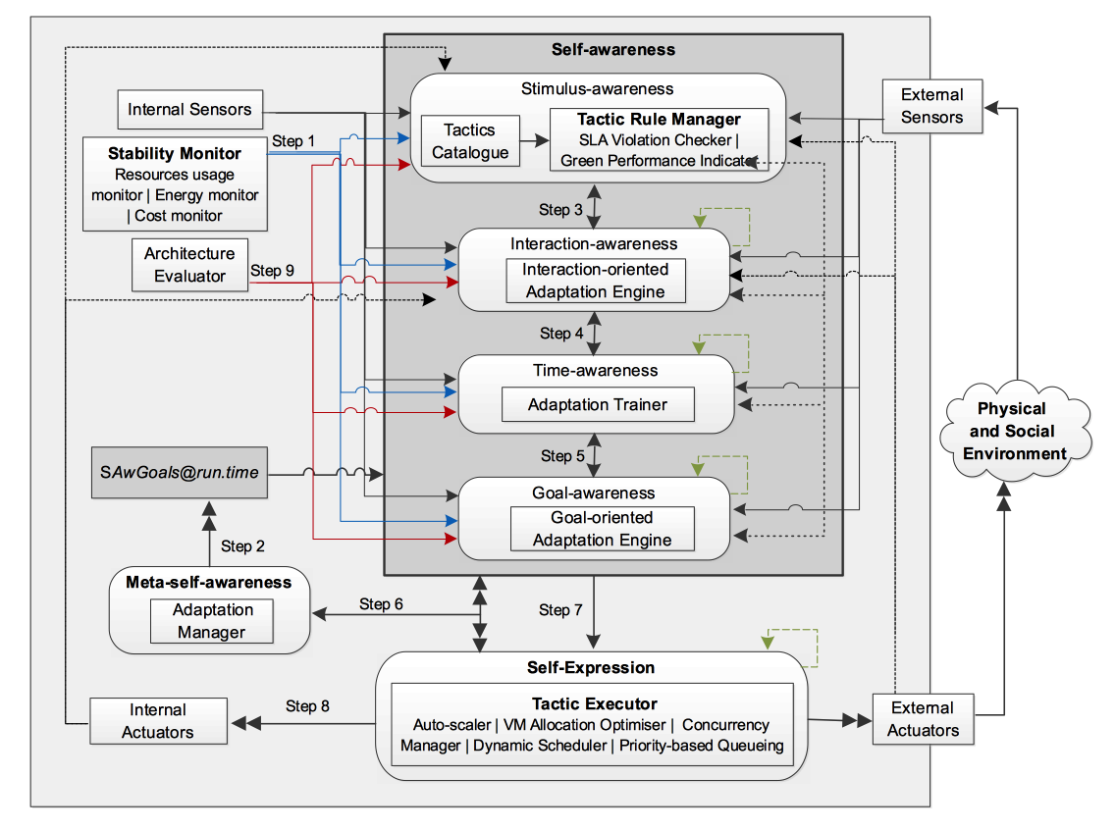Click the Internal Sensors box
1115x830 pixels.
[x=189, y=109]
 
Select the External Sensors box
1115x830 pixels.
[x=931, y=106]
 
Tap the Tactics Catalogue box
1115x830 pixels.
[x=470, y=141]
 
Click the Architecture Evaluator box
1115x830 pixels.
[x=189, y=265]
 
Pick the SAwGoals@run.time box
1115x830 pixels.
[x=179, y=473]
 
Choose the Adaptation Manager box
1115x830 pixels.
[x=211, y=621]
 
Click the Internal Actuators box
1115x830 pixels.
[x=158, y=720]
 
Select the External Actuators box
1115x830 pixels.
[x=923, y=719]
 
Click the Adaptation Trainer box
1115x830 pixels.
[x=598, y=404]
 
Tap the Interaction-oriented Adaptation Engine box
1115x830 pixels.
[x=596, y=281]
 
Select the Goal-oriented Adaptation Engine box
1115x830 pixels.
[x=602, y=529]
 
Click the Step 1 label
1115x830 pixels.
[x=293, y=141]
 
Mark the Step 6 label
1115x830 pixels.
[x=381, y=604]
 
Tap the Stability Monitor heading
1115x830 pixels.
[x=175, y=153]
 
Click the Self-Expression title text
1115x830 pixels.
[x=590, y=667]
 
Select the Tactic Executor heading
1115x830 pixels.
[x=594, y=703]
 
